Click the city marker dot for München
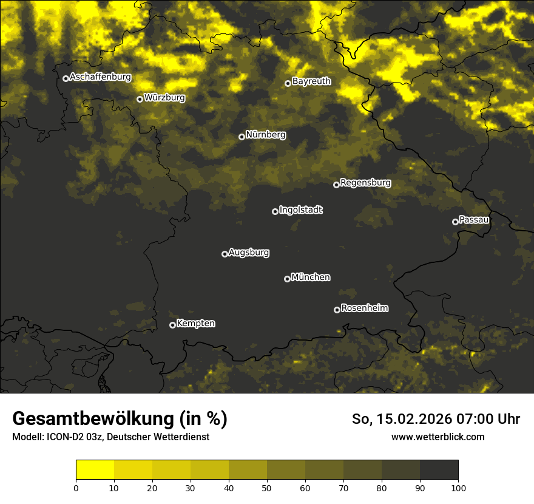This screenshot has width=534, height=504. (x=287, y=279)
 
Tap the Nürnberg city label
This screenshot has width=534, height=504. (x=266, y=135)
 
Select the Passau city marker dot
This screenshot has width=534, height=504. (x=455, y=222)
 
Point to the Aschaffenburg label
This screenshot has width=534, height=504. (x=100, y=77)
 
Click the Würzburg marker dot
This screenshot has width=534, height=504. (x=140, y=99)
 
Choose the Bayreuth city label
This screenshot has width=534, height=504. (x=311, y=81)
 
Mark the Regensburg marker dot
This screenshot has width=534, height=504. (x=336, y=185)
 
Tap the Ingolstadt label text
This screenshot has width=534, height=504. (x=300, y=210)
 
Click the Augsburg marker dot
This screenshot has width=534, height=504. (x=225, y=254)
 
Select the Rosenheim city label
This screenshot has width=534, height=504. (x=364, y=308)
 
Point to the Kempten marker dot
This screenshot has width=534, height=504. (x=172, y=325)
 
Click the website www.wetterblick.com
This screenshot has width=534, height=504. (x=438, y=437)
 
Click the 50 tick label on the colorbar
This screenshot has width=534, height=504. (x=267, y=487)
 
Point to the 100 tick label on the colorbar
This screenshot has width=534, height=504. (x=458, y=487)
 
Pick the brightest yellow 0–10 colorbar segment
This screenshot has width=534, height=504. (x=95, y=470)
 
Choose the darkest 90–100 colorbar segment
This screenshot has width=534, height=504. (x=439, y=470)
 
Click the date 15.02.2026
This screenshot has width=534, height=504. (x=415, y=419)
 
